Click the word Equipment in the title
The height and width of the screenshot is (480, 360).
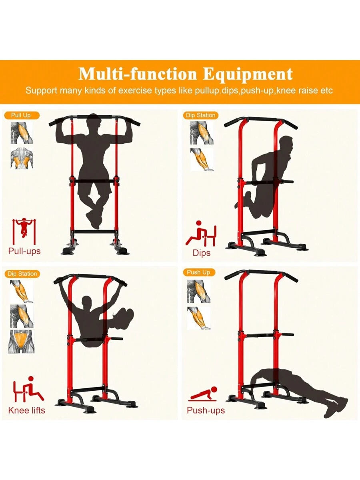point(248,74)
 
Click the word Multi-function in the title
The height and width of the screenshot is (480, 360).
point(138,74)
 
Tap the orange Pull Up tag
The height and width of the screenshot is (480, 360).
point(22,115)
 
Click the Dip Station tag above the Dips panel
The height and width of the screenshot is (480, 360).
point(201,115)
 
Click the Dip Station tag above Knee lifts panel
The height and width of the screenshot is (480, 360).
point(22,274)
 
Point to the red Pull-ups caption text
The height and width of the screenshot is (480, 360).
point(24,251)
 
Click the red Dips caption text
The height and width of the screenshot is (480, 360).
point(202,253)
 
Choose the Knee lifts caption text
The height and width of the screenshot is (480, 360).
point(27,410)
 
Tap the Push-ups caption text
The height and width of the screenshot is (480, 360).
point(206,410)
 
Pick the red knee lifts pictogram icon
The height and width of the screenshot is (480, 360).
point(28,389)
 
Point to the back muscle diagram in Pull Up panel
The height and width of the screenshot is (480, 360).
point(22,159)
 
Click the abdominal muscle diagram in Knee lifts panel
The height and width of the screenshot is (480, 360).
point(22,341)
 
